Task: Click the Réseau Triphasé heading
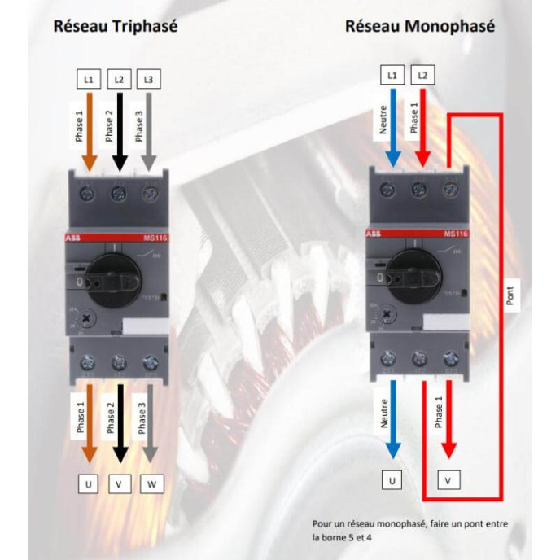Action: (115, 25)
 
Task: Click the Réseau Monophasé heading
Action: (419, 25)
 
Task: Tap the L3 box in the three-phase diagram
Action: (147, 79)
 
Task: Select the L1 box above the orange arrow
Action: (89, 79)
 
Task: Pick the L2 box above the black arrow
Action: (119, 79)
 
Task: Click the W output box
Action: (151, 485)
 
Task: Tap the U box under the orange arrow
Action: (89, 485)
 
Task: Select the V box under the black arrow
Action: (119, 485)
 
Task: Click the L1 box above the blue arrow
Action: (392, 76)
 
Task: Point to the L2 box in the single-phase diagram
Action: (422, 76)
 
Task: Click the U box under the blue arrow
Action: (392, 481)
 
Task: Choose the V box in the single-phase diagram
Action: (447, 481)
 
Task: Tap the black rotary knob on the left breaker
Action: (116, 277)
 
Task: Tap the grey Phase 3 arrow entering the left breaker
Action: (148, 130)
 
